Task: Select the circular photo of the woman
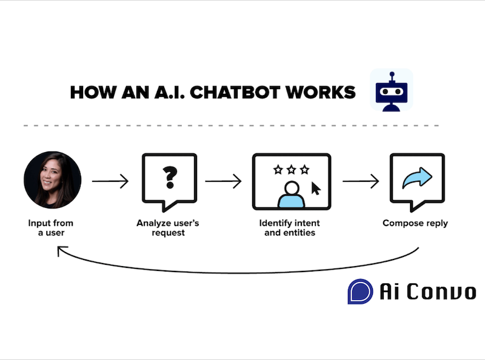(52, 180)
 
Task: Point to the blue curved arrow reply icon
(417, 178)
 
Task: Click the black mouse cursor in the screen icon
(316, 188)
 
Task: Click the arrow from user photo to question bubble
(110, 181)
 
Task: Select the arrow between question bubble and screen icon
(224, 181)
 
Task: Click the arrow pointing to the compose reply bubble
(361, 181)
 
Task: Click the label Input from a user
(52, 228)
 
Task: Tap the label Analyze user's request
(169, 228)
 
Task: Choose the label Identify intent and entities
(290, 228)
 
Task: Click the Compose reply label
(415, 224)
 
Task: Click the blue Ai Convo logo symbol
(360, 291)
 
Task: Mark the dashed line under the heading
(230, 126)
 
